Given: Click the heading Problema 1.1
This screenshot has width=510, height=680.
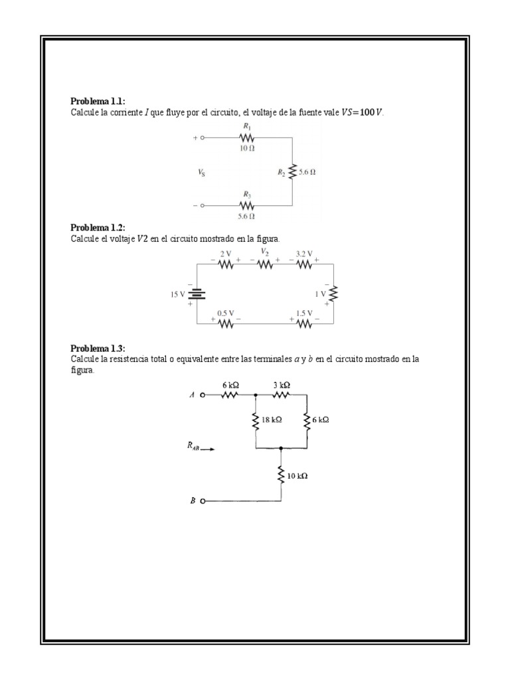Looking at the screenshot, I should [x=98, y=101].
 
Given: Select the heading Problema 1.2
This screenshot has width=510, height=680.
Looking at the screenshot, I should [x=98, y=228].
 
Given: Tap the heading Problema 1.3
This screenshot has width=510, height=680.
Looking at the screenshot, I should [x=98, y=349].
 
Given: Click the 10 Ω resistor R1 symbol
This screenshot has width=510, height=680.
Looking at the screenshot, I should [x=246, y=138].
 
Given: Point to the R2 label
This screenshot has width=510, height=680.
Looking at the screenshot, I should [x=282, y=172].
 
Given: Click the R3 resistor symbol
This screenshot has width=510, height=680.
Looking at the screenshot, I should [x=246, y=206].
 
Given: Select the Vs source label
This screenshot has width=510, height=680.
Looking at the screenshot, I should [x=201, y=172].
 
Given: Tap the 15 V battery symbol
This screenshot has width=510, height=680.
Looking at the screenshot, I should [x=197, y=294].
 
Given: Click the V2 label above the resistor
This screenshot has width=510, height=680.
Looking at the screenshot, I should [x=264, y=252].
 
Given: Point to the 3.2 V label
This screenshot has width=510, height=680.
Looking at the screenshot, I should [x=304, y=254].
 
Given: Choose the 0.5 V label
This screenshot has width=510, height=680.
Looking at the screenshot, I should [x=226, y=313].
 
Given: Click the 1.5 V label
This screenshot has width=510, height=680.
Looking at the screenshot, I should [x=304, y=313].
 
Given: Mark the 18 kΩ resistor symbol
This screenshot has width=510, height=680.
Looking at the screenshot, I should [x=256, y=420].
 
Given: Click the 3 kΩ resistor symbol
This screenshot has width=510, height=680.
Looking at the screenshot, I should [x=282, y=394].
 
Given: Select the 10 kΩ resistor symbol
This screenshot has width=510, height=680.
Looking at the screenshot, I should [x=281, y=475].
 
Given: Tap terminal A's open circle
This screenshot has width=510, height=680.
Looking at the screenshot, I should [x=203, y=395].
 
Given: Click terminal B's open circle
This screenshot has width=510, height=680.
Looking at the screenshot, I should [x=203, y=501].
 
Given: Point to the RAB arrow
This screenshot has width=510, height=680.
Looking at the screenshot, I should [x=207, y=450].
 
